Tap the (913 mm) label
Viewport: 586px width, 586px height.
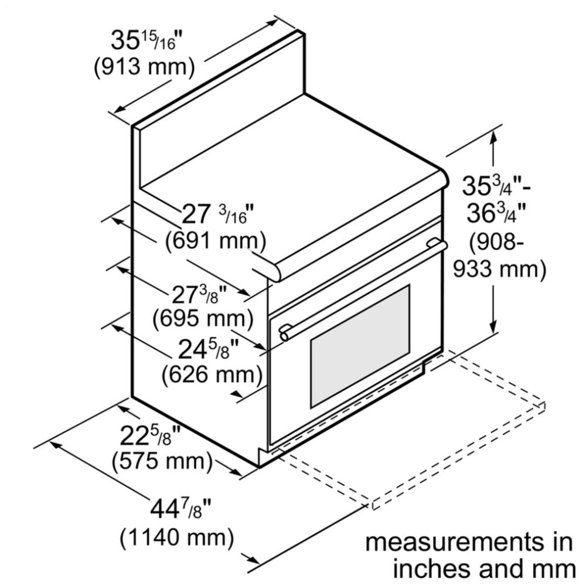[144, 67]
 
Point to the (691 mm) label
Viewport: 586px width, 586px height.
[216, 240]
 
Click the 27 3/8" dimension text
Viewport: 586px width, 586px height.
[199, 294]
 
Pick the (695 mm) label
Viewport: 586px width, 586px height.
[202, 318]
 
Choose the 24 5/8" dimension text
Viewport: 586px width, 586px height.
[209, 350]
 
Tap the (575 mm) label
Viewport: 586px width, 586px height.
[161, 461]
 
